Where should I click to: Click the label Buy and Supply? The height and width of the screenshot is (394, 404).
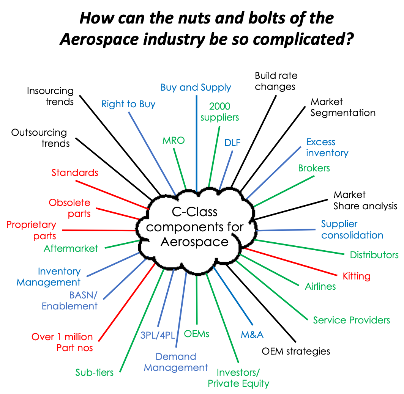click(x=196, y=88)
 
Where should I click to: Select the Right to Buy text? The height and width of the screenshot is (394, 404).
click(x=128, y=104)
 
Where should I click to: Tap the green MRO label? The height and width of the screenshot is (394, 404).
click(x=174, y=141)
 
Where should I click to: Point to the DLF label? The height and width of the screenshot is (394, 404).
click(x=232, y=143)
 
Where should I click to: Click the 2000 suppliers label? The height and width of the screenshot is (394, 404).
click(x=220, y=112)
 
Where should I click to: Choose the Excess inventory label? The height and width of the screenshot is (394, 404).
click(x=327, y=148)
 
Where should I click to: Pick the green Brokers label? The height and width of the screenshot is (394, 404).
click(x=314, y=168)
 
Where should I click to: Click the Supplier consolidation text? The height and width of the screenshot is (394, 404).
click(x=352, y=229)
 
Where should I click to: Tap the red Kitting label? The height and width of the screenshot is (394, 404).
click(x=357, y=276)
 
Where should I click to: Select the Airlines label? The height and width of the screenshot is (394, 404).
click(x=320, y=287)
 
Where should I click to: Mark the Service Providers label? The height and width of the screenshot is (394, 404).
click(x=351, y=320)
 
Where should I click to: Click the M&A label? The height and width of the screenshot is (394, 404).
click(x=252, y=335)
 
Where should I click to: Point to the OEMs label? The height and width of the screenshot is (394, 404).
click(x=197, y=334)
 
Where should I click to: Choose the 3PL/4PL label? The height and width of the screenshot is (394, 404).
click(x=158, y=335)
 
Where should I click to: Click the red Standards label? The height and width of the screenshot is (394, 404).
click(x=75, y=173)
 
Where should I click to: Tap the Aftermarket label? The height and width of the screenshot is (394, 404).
click(x=71, y=249)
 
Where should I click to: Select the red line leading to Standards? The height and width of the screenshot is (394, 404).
click(x=112, y=195)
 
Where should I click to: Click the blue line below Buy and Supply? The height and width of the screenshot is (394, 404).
click(x=196, y=144)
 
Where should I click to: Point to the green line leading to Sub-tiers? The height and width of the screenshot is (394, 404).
click(x=142, y=320)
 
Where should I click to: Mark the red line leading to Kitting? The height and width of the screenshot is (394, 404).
click(x=291, y=262)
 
